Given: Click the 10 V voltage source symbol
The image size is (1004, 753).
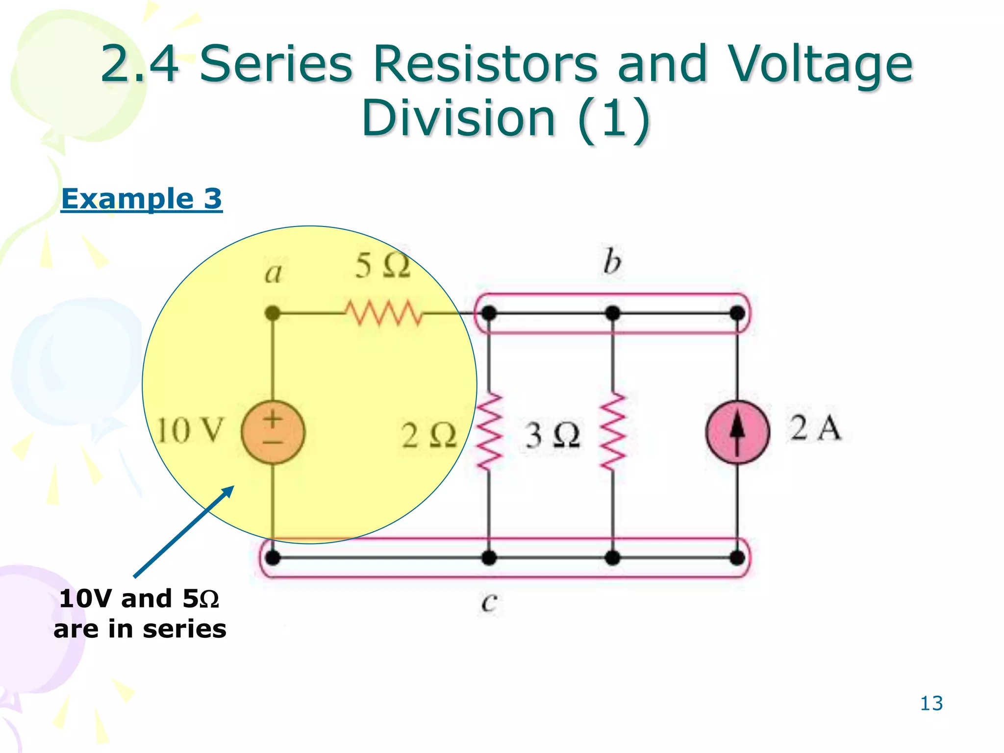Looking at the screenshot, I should click(x=273, y=432).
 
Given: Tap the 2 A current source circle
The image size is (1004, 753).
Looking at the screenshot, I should click(x=737, y=432).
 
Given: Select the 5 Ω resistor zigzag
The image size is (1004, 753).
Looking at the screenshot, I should click(x=383, y=313).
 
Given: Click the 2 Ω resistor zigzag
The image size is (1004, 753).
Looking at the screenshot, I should click(x=489, y=431).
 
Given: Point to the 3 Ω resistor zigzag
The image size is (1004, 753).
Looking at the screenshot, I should click(x=613, y=431).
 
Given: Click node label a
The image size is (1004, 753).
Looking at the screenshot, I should click(x=274, y=273).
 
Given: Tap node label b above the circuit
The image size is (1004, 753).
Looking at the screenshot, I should click(x=612, y=262).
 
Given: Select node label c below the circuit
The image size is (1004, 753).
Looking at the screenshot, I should click(x=489, y=602).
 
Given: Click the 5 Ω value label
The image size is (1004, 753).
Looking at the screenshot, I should click(x=382, y=266).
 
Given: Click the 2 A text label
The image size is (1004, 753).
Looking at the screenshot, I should click(x=815, y=427).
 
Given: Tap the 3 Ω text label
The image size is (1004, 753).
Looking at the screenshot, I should click(x=552, y=435).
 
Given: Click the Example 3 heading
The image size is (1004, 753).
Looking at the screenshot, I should click(x=142, y=199).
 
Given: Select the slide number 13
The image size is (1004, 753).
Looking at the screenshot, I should click(x=931, y=703).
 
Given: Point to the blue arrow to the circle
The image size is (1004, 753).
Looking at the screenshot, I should click(x=184, y=531).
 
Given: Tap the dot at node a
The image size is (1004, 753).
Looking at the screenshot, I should click(x=273, y=313).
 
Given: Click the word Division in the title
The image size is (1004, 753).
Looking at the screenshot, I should click(x=458, y=118).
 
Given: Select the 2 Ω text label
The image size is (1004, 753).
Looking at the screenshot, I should click(x=429, y=435).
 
